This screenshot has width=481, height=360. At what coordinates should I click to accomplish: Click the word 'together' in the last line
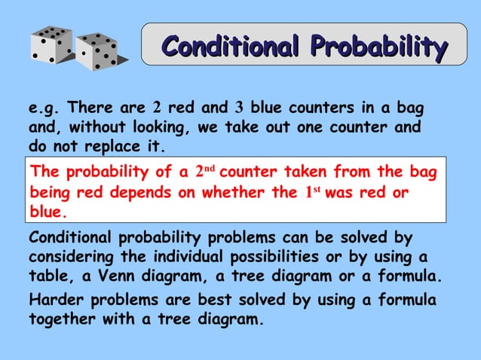[62, 319]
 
